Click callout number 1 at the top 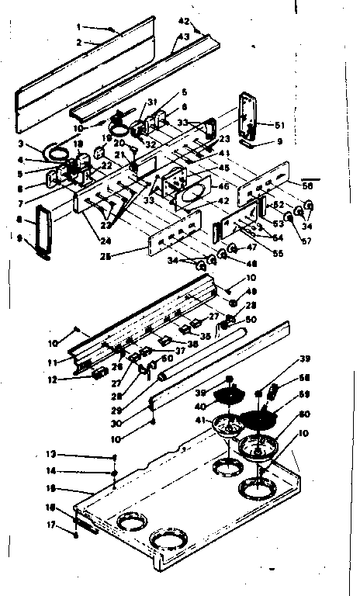[79, 26]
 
